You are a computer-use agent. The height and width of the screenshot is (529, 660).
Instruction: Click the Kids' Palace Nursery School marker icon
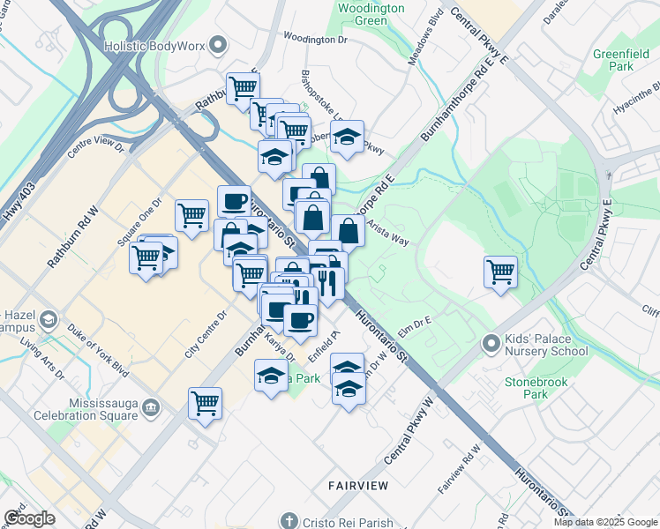[x=491, y=342]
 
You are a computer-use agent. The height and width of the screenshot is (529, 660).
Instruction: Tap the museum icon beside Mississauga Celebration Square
[x=151, y=406]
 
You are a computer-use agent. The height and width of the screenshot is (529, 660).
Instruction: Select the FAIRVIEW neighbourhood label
[x=359, y=485]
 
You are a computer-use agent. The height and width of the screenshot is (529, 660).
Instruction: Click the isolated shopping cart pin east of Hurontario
[x=500, y=271]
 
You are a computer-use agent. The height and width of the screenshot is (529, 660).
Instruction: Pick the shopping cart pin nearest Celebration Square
[x=205, y=404]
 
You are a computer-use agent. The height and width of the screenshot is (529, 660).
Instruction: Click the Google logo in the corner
[x=29, y=518]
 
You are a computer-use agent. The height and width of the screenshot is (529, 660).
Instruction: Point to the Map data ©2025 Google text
[x=604, y=522]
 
